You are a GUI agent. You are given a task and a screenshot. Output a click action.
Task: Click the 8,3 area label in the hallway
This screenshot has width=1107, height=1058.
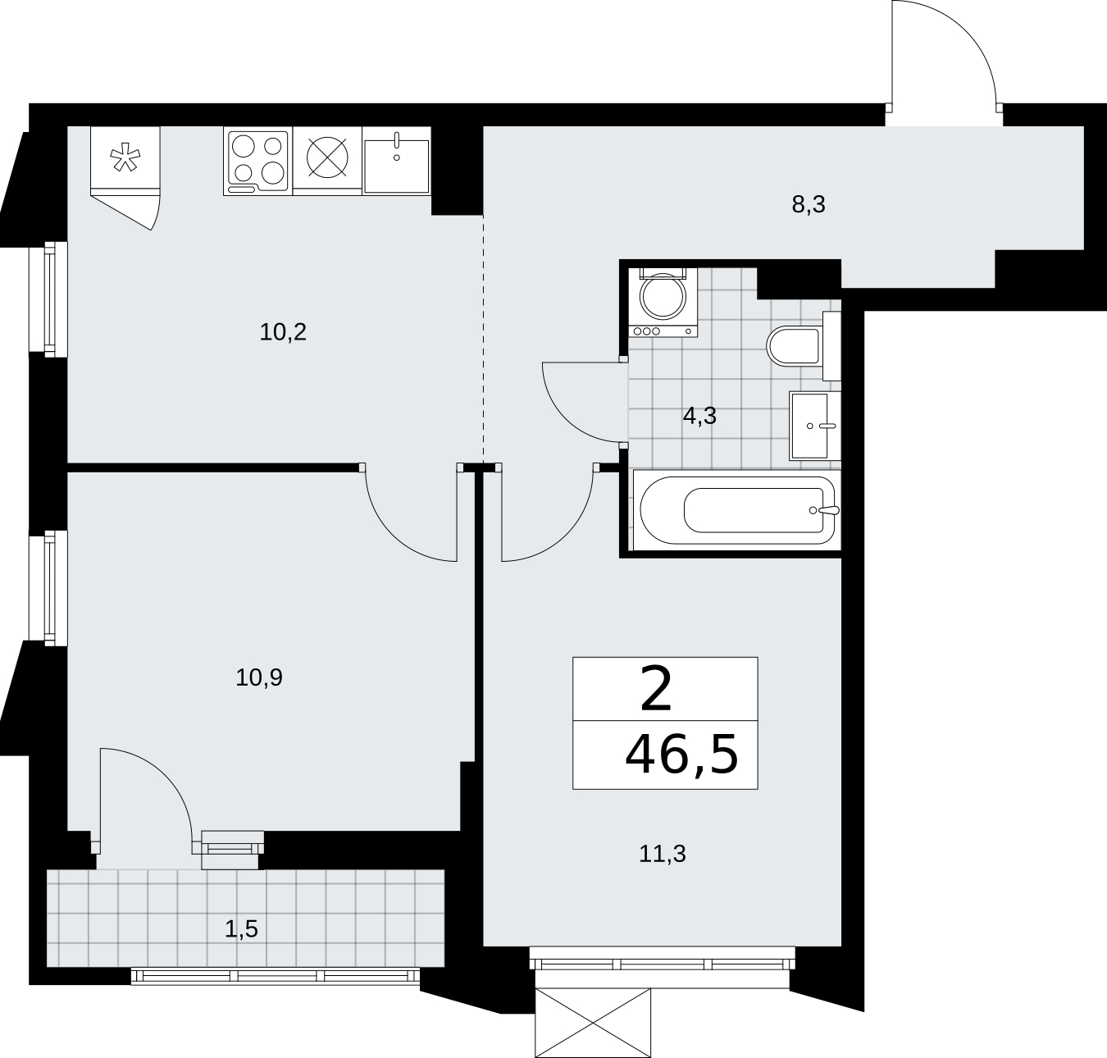[x=808, y=205]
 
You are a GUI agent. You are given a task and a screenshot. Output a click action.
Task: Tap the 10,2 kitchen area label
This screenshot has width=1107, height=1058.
[x=283, y=332]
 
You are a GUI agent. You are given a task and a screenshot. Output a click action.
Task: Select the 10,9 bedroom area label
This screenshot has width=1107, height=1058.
[x=259, y=678]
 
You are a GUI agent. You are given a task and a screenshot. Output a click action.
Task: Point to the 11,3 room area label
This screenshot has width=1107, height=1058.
[x=663, y=855]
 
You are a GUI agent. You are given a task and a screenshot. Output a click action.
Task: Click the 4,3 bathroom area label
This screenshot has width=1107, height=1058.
[x=699, y=417]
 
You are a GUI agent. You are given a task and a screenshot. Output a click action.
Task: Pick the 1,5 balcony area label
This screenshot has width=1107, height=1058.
[x=241, y=929]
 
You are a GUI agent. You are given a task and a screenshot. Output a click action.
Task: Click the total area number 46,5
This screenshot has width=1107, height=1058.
[x=681, y=755]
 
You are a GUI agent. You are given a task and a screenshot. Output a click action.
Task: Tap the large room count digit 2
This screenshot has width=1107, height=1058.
[x=656, y=690]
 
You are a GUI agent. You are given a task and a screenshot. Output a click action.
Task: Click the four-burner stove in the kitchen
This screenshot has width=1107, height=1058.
[x=257, y=162]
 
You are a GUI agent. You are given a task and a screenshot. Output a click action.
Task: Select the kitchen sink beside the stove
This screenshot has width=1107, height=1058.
[x=397, y=162]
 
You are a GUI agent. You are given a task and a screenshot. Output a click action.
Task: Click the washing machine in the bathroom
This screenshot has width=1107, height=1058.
[x=663, y=303]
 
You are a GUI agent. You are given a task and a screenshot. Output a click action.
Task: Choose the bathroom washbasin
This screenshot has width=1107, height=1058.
[x=814, y=426]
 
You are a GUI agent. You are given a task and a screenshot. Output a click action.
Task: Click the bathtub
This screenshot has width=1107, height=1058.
[x=736, y=510]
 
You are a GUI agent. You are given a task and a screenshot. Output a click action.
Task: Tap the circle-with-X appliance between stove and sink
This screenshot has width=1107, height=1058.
[x=327, y=157]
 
